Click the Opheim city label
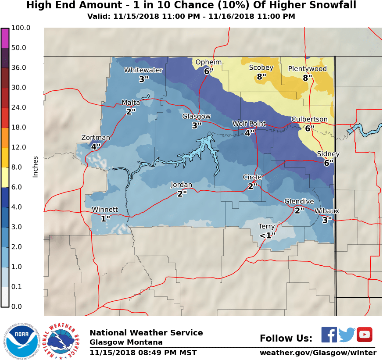click(208, 62)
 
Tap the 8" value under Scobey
click(261, 76)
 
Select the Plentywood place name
click(308, 69)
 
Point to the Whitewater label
click(143, 70)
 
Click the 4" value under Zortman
click(96, 146)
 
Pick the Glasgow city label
click(197, 116)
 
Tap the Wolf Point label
click(249, 124)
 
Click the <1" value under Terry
click(267, 235)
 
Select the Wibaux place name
click(326, 211)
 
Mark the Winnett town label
click(105, 209)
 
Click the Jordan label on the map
click(181, 185)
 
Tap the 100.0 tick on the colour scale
click(20, 28)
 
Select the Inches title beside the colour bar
click(36, 167)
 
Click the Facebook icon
click(329, 335)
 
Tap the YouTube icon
click(364, 335)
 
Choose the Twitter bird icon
click(347, 335)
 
